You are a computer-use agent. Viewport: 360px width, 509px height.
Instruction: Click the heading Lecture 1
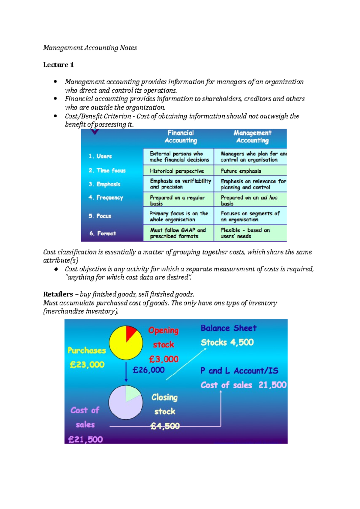pyautogui.click(x=58, y=65)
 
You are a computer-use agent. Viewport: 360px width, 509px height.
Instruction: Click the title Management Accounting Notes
pyautogui.click(x=90, y=48)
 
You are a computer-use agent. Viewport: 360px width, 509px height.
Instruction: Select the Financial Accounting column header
pyautogui.click(x=181, y=137)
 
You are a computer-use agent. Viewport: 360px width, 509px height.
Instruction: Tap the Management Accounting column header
pyautogui.click(x=252, y=137)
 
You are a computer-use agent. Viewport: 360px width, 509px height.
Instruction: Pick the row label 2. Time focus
pyautogui.click(x=107, y=171)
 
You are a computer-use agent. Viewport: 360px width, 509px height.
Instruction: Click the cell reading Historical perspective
pyautogui.click(x=177, y=171)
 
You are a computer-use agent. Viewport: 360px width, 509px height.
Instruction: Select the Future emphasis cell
pyautogui.click(x=241, y=171)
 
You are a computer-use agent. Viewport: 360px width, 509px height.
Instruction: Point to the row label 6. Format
pyautogui.click(x=103, y=233)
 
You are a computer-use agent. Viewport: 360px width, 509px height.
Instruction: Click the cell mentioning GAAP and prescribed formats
pyautogui.click(x=178, y=233)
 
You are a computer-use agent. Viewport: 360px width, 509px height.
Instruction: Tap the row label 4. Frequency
pyautogui.click(x=106, y=198)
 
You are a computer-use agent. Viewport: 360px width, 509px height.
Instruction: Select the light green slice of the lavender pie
pyautogui.click(x=132, y=393)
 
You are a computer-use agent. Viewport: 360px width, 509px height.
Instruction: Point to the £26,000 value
pyautogui.click(x=149, y=370)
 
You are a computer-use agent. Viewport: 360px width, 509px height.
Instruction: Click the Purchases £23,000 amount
pyautogui.click(x=87, y=365)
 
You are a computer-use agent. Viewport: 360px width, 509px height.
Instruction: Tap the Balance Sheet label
pyautogui.click(x=229, y=328)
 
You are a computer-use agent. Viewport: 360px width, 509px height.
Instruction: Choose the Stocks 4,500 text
pyautogui.click(x=227, y=342)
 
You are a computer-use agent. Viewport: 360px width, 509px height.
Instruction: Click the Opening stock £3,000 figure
pyautogui.click(x=164, y=359)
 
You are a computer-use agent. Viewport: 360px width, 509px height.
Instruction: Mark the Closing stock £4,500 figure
pyautogui.click(x=165, y=426)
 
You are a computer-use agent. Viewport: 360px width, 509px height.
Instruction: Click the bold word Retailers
pyautogui.click(x=58, y=294)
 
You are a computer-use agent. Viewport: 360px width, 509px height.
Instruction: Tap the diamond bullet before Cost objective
pyautogui.click(x=56, y=269)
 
